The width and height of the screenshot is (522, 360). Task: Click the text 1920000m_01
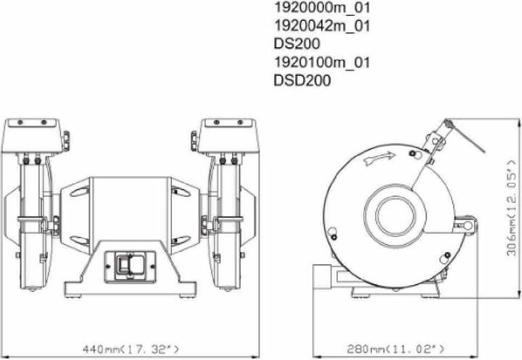pyautogui.click(x=321, y=9)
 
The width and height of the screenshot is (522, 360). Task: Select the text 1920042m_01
pyautogui.click(x=321, y=26)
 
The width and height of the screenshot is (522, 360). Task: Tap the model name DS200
pyautogui.click(x=297, y=44)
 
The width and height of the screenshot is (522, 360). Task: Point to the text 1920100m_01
pyautogui.click(x=321, y=62)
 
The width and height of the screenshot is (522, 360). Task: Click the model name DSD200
pyautogui.click(x=302, y=80)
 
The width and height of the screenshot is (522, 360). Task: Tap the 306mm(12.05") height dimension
pyautogui.click(x=513, y=211)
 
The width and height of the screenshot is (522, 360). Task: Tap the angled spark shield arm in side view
pyautogui.click(x=432, y=155)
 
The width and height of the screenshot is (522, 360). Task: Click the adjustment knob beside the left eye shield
pyautogui.click(x=66, y=137)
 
